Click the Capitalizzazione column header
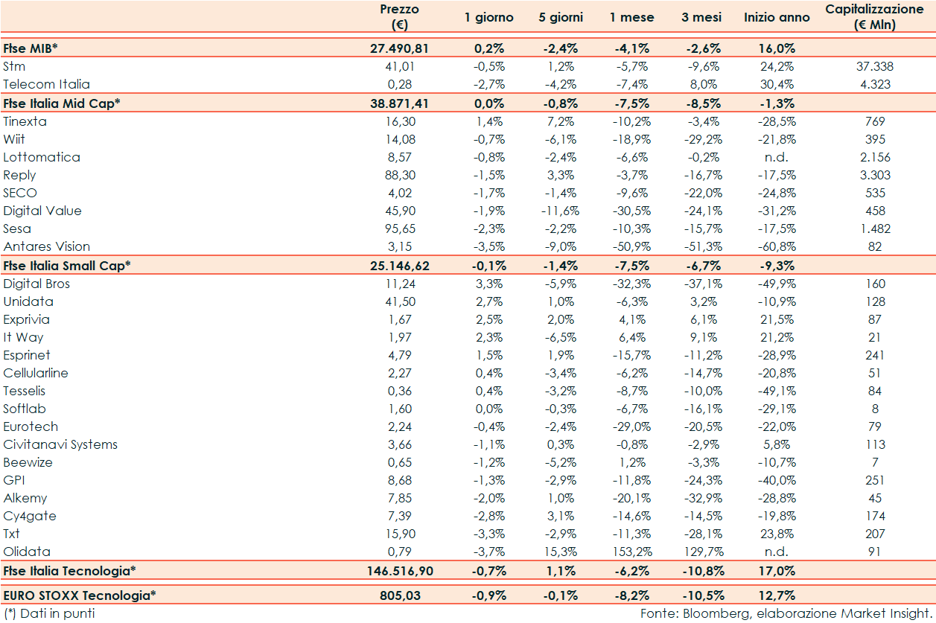(x=875, y=17)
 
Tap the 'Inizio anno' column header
(x=777, y=17)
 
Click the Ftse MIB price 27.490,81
(x=399, y=48)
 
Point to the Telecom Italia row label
(x=46, y=84)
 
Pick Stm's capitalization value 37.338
(x=875, y=66)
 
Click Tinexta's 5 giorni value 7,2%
(x=561, y=121)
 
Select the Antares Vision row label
(x=46, y=246)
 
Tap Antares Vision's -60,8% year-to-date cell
(x=777, y=246)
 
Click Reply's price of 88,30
(x=399, y=175)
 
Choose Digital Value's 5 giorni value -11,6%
(x=561, y=211)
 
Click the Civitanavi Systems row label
(x=60, y=444)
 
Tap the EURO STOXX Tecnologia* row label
(x=80, y=595)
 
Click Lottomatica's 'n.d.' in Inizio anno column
(x=777, y=157)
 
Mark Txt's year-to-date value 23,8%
(x=777, y=534)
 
